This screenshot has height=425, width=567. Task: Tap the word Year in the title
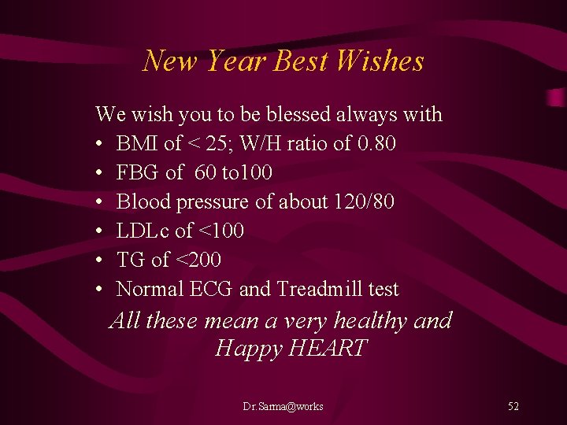pos(232,61)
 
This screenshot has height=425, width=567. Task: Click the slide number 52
pos(513,406)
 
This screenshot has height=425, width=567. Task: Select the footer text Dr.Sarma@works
pos(283,406)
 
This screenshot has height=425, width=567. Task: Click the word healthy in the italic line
pos(370,321)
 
